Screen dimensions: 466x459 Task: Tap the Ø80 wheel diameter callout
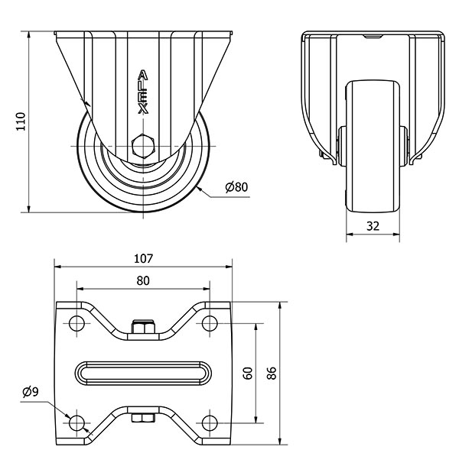tap(236, 187)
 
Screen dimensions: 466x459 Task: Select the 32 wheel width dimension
tap(373, 226)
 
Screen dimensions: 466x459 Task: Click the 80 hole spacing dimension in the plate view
tap(143, 280)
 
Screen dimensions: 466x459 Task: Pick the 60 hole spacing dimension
tap(247, 374)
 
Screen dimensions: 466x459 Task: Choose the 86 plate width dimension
tap(272, 374)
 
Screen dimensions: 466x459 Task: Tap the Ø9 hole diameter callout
tap(31, 392)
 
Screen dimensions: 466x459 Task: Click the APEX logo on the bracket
tap(142, 92)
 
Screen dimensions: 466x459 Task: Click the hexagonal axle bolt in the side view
tap(142, 145)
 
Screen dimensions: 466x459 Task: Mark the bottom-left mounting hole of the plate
tap(76, 422)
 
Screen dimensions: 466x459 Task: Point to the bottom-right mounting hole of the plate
tap(210, 422)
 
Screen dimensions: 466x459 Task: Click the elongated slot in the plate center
tap(143, 373)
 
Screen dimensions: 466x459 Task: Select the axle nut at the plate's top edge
tap(143, 328)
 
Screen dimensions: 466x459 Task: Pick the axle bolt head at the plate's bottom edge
tap(143, 418)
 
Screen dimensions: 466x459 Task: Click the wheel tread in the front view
tap(373, 153)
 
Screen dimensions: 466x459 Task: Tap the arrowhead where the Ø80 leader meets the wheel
tap(198, 185)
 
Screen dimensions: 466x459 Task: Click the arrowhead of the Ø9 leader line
tap(71, 417)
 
